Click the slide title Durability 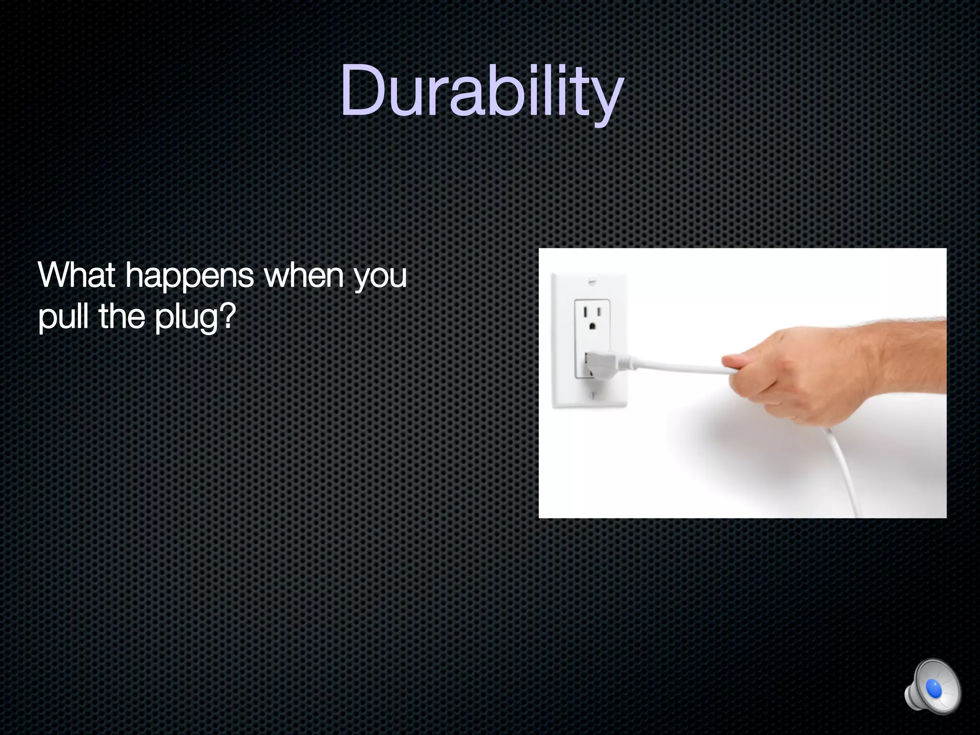482,91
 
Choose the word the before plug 122,316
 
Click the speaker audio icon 932,687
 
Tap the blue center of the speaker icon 934,689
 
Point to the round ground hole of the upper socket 592,326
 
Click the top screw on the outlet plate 592,282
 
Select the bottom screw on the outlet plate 592,395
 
